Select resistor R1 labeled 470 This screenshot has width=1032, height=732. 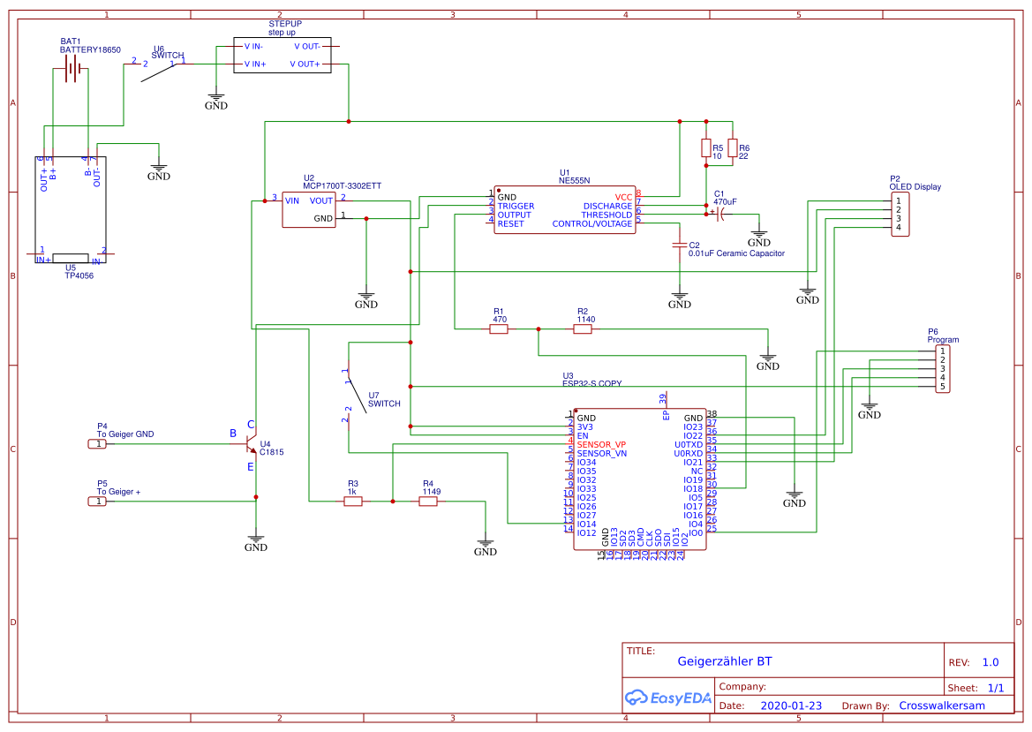coord(499,329)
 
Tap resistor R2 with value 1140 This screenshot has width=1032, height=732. coord(583,329)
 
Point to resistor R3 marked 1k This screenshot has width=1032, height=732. coord(353,502)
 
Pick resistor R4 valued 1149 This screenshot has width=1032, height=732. coord(428,502)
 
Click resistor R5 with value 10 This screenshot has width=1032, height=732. coord(705,147)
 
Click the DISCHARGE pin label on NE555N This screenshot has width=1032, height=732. coord(607,206)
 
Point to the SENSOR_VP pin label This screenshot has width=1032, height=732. coord(601,444)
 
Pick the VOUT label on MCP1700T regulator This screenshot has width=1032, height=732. coord(321,200)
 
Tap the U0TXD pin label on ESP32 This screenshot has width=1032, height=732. coord(688,444)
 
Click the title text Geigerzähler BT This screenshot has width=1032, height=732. coord(724,661)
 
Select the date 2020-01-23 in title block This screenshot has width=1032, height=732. coord(790,706)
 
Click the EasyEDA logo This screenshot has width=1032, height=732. coord(668,698)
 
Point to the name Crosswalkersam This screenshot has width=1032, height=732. coord(942,706)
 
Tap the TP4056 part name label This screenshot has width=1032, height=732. coord(79,275)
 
